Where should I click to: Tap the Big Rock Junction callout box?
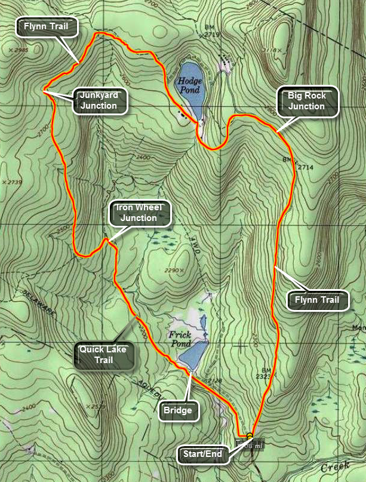306,101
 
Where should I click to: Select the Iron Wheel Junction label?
139,213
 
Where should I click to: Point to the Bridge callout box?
177,411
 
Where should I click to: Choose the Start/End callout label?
202,455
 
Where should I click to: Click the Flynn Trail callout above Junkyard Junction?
46,26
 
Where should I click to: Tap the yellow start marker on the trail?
250,435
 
